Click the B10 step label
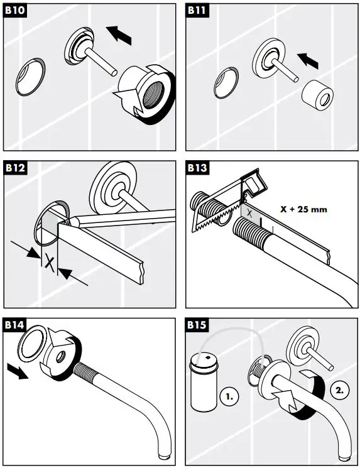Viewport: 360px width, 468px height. (15, 12)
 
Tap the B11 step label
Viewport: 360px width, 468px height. (197, 12)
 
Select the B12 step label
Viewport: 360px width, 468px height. (15, 168)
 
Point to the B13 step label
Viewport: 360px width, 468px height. (197, 168)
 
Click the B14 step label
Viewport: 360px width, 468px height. (15, 325)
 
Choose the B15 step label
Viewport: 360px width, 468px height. (197, 325)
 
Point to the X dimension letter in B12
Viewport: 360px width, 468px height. (47, 259)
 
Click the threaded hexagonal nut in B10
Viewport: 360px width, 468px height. (146, 94)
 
